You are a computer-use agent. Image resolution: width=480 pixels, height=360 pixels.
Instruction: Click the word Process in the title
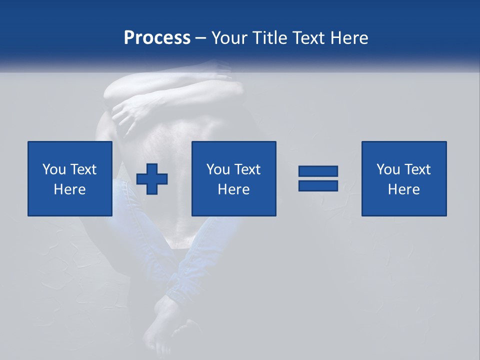click(157, 38)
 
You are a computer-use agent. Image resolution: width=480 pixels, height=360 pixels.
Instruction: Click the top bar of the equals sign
click(318, 171)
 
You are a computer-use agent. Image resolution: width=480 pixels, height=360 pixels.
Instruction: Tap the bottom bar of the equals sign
click(318, 185)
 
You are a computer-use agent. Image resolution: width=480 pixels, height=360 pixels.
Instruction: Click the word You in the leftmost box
click(53, 169)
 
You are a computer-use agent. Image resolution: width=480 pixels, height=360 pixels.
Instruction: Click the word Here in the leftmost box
click(70, 189)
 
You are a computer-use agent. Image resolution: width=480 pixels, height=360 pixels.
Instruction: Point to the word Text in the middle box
click(247, 169)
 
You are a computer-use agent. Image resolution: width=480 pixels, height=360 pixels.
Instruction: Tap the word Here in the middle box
click(234, 189)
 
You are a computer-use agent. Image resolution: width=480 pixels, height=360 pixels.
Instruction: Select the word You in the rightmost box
click(387, 169)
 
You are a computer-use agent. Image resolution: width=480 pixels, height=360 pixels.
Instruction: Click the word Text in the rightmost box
click(417, 169)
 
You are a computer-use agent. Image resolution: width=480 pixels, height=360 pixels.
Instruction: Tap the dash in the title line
click(200, 38)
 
